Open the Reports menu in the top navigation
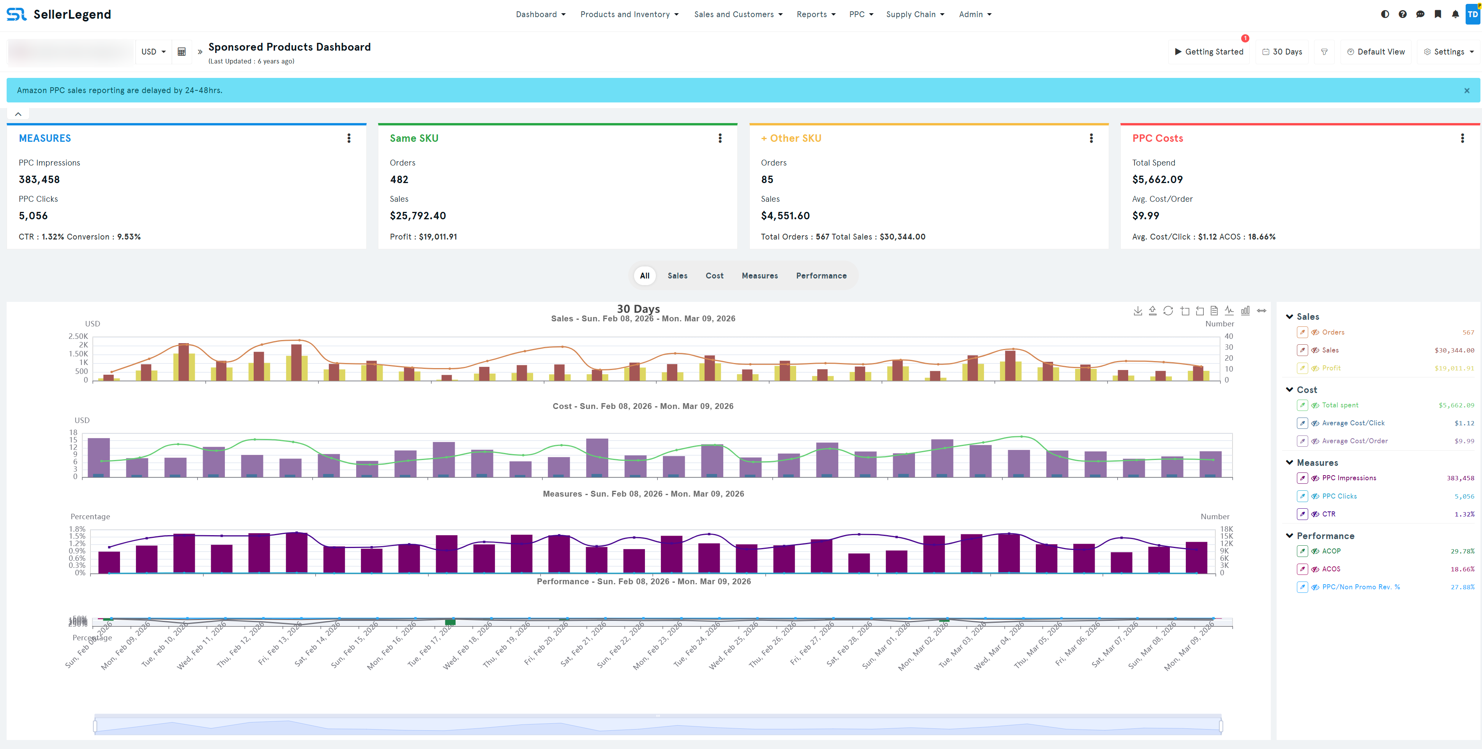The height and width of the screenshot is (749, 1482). pyautogui.click(x=815, y=14)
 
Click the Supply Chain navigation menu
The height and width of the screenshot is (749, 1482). pyautogui.click(x=915, y=14)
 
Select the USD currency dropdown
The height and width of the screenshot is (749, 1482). pyautogui.click(x=153, y=52)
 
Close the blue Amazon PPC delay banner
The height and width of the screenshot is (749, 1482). pyautogui.click(x=1466, y=90)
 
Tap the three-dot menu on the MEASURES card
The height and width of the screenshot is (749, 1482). pyautogui.click(x=349, y=138)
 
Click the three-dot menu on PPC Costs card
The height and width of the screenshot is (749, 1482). pyautogui.click(x=1462, y=138)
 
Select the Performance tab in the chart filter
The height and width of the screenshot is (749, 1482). pyautogui.click(x=821, y=276)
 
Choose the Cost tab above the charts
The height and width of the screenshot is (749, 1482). pyautogui.click(x=714, y=276)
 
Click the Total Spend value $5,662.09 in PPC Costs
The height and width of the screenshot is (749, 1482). pyautogui.click(x=1157, y=179)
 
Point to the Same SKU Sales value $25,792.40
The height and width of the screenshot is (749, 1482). pyautogui.click(x=418, y=215)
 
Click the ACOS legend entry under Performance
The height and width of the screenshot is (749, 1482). pyautogui.click(x=1331, y=569)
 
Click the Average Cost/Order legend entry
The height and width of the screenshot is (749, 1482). pyautogui.click(x=1354, y=441)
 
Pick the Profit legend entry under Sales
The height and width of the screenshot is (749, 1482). pyautogui.click(x=1331, y=368)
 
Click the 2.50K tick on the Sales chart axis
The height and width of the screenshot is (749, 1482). pyautogui.click(x=78, y=336)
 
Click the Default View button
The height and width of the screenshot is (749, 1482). pyautogui.click(x=1376, y=52)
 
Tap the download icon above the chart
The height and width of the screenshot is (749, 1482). pyautogui.click(x=1138, y=311)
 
